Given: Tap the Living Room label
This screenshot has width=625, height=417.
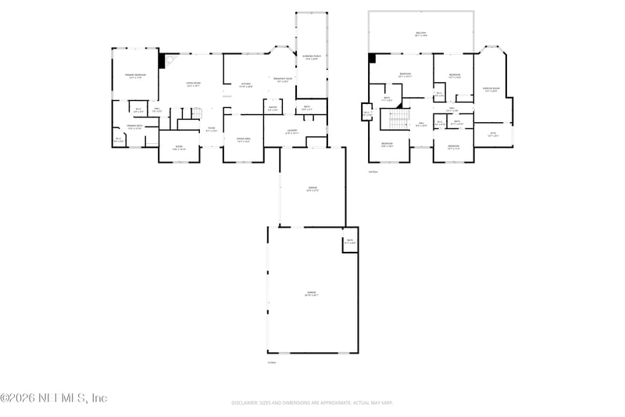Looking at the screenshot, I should click(193, 84).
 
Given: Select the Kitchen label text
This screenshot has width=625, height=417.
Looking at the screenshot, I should click(245, 84).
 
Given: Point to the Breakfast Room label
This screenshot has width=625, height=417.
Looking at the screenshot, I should click(284, 79).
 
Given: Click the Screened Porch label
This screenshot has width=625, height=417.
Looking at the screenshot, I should click(310, 58).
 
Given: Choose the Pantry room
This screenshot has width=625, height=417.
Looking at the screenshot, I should click(272, 110).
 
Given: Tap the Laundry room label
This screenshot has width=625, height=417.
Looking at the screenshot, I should click(291, 131).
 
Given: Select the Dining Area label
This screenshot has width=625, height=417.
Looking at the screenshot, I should click(243, 140).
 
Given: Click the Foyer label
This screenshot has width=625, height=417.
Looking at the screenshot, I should click(211, 129).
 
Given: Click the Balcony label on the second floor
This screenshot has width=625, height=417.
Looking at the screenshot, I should click(421, 34).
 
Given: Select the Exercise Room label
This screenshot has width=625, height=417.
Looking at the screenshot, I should click(491, 90).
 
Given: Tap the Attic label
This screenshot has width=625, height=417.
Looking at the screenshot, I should click(493, 135).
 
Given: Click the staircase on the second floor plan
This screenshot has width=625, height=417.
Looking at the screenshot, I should click(398, 119).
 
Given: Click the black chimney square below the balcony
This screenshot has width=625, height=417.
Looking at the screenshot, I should click(373, 57).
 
